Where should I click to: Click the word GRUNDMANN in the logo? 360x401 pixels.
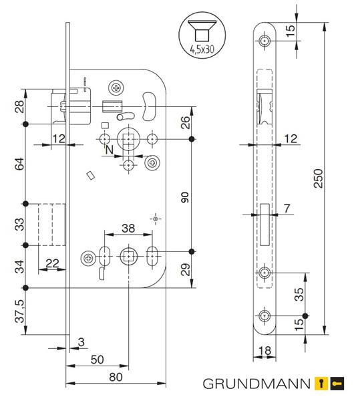[256, 384]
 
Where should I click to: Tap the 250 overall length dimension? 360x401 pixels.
[319, 178]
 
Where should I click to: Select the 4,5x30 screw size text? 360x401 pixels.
[202, 49]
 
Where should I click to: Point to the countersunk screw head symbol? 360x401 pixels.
[202, 30]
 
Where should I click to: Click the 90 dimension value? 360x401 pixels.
[185, 197]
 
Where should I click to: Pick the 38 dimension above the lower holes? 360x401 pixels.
[128, 229]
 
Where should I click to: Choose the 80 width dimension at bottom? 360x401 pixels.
[116, 377]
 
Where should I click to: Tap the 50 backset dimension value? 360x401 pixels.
[97, 360]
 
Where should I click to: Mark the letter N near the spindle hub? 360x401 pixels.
[110, 150]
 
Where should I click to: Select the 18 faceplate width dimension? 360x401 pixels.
[264, 351]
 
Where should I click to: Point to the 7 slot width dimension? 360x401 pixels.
[287, 209]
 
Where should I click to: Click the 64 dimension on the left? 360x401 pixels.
[19, 164]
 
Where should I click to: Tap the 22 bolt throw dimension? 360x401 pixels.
[52, 263]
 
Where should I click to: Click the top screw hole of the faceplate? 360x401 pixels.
[264, 41]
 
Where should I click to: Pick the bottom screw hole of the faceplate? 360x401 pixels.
[264, 316]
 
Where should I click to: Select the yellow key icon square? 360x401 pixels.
[321, 384]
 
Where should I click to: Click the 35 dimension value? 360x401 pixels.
[299, 294]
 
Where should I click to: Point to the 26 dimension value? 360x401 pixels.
[185, 122]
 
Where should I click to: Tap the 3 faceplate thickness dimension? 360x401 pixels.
[81, 342]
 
